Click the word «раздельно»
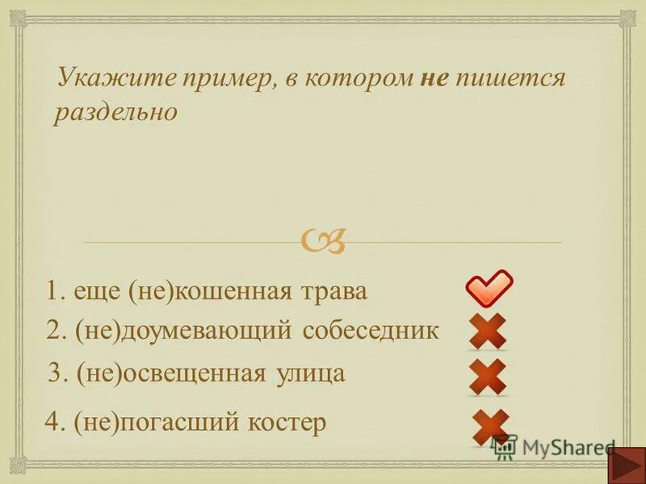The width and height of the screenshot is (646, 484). point(115,112)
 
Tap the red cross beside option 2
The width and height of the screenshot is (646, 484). point(488,331)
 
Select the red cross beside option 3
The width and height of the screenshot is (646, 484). point(488,376)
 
